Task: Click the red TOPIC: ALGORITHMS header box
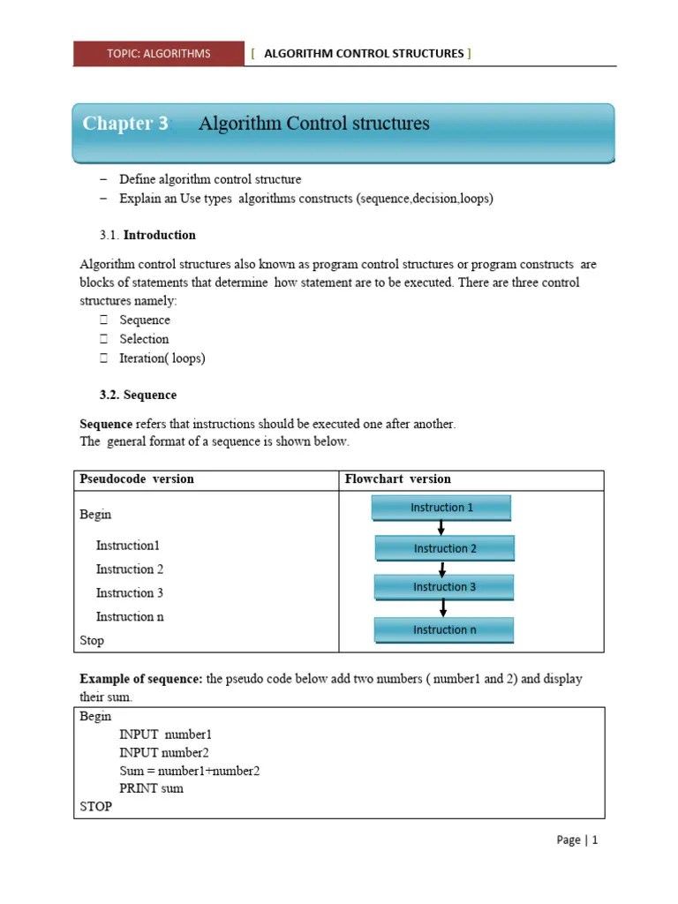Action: click(x=159, y=54)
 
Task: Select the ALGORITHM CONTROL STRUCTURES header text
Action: click(x=363, y=54)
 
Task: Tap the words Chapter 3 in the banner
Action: click(x=125, y=124)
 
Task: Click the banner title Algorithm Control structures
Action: click(x=313, y=124)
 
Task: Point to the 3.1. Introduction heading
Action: click(x=148, y=235)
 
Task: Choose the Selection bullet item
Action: click(x=144, y=339)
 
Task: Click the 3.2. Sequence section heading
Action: click(x=138, y=395)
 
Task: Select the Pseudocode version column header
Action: click(x=137, y=479)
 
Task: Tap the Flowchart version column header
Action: click(x=397, y=479)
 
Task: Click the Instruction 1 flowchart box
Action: click(x=441, y=508)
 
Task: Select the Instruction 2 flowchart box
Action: click(x=445, y=548)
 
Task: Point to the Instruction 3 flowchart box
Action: click(x=444, y=587)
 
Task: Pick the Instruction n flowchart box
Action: click(x=444, y=629)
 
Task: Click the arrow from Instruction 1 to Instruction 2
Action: click(x=441, y=528)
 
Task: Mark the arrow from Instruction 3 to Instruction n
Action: click(x=443, y=608)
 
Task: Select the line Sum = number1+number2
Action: click(x=190, y=771)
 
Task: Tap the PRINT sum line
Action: click(x=151, y=788)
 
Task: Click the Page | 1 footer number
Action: click(x=577, y=840)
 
